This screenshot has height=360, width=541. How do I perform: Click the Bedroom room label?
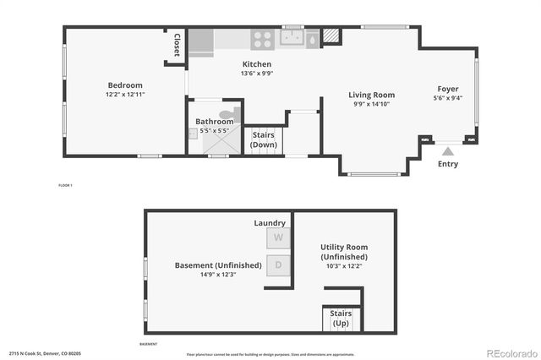(124, 85)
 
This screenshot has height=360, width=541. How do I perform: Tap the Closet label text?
(177, 45)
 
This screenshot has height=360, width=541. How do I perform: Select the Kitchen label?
(257, 64)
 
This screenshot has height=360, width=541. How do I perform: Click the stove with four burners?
(262, 39)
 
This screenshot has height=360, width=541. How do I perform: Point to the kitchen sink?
(292, 38)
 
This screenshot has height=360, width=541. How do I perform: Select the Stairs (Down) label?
(264, 140)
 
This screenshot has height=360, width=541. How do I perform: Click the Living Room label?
(372, 95)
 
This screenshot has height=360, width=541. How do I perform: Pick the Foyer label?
(449, 89)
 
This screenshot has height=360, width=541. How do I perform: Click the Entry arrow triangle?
(448, 150)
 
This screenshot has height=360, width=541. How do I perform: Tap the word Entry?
(448, 164)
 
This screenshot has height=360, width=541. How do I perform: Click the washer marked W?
(277, 238)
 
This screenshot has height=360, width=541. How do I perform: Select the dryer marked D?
(277, 265)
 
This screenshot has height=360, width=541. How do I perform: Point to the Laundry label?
(270, 223)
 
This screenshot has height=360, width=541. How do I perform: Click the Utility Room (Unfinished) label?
(344, 252)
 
